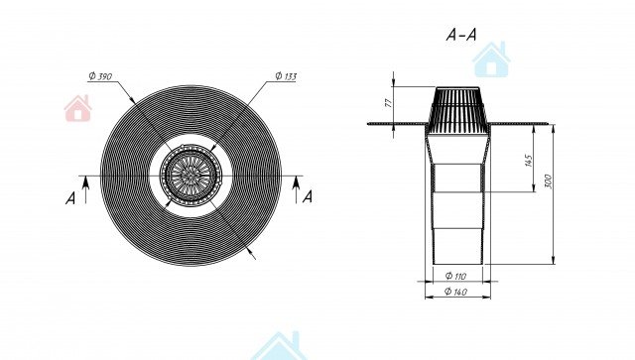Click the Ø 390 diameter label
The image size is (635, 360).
click(x=100, y=76)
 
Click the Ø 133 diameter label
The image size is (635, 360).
click(x=286, y=76)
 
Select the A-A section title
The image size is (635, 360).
click(x=461, y=35)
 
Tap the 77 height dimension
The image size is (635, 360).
click(x=389, y=103)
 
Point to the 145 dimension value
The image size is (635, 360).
click(x=528, y=160)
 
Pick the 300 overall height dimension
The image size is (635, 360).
click(x=548, y=181)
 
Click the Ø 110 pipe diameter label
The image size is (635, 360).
click(x=455, y=276)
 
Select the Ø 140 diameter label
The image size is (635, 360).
click(x=455, y=292)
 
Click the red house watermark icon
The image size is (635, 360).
click(x=77, y=108)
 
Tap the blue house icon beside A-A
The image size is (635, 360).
click(x=491, y=60)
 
